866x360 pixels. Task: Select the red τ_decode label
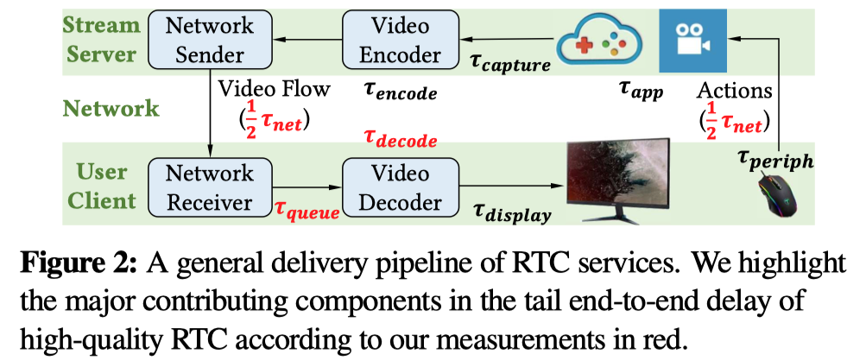400,139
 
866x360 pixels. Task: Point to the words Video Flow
274,90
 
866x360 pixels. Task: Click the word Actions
735,89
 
